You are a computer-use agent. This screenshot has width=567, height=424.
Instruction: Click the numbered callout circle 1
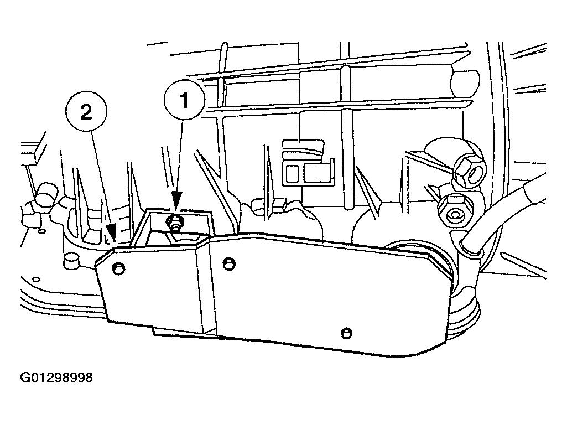(184, 100)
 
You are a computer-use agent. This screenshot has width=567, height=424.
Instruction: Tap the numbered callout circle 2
(86, 112)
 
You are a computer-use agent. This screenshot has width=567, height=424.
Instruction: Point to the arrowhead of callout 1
(176, 201)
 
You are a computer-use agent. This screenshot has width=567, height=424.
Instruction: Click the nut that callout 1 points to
(175, 223)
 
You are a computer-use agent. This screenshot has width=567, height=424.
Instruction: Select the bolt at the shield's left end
(118, 269)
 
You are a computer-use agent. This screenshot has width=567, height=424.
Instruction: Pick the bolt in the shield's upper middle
(229, 263)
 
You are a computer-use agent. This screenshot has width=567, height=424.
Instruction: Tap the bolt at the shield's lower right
(346, 333)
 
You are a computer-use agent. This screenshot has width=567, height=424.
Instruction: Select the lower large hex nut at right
(455, 209)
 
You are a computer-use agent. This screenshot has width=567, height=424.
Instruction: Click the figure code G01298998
(56, 378)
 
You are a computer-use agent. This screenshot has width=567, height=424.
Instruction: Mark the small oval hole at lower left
(36, 279)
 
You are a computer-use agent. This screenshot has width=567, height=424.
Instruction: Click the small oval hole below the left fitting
(43, 231)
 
